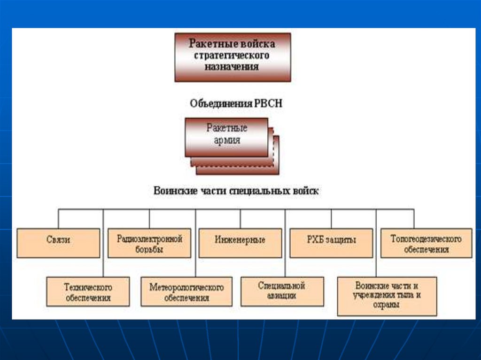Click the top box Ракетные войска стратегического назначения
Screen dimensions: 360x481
[x=232, y=56]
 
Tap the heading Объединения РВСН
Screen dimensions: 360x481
[x=236, y=104]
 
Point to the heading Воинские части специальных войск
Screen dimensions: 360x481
[x=236, y=191]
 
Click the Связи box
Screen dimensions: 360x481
[x=58, y=242]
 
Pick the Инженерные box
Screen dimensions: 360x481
[x=240, y=242]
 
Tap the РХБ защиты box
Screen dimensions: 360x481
[x=331, y=242]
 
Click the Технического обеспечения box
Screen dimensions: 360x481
[x=88, y=291]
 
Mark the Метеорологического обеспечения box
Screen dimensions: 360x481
[x=186, y=291]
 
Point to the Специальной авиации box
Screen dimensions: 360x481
[x=282, y=291]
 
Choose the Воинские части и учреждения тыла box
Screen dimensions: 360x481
[x=387, y=295]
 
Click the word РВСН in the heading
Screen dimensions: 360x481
[x=268, y=104]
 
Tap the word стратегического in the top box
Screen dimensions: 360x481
[x=232, y=56]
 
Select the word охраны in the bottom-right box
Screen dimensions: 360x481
[x=387, y=305]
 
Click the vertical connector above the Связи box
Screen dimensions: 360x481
[x=58, y=219]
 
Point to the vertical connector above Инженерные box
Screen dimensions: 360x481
[x=240, y=219]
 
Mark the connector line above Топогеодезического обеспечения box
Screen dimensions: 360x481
[x=414, y=219]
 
